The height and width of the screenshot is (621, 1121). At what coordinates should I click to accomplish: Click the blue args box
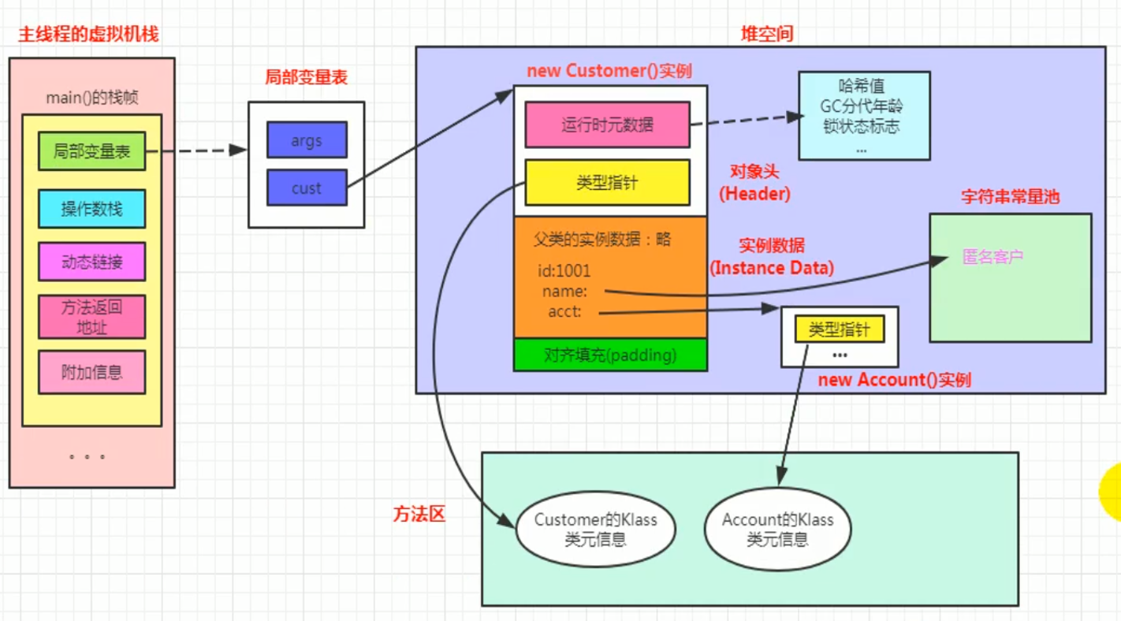(x=307, y=139)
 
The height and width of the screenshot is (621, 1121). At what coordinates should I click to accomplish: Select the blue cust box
(x=307, y=188)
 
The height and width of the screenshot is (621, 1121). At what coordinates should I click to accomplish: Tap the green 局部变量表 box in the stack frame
(x=92, y=151)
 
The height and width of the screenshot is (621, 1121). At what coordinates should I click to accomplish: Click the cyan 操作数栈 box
(x=92, y=209)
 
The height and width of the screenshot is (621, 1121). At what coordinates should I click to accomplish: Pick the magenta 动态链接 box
(x=92, y=261)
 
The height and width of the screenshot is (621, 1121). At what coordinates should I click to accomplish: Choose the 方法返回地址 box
(x=92, y=317)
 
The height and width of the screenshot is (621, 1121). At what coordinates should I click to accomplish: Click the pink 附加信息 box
(x=92, y=372)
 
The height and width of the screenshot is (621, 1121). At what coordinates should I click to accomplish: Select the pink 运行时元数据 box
(x=608, y=125)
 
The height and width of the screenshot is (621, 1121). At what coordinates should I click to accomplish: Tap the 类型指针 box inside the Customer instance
(x=608, y=183)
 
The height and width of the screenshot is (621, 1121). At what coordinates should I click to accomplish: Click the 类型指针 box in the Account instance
(x=840, y=329)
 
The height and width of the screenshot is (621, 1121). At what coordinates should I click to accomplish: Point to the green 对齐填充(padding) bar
(x=610, y=355)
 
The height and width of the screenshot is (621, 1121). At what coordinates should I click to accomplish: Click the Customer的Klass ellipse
(x=595, y=529)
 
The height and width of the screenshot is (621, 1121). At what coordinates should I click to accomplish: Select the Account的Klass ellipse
(x=778, y=529)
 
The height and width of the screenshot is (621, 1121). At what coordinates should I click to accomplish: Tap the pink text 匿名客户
(x=993, y=257)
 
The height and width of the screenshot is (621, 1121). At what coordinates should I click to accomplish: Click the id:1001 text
(x=564, y=271)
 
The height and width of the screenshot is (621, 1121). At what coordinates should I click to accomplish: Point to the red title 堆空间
(x=767, y=34)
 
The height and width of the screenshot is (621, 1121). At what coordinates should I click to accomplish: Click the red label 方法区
(x=419, y=514)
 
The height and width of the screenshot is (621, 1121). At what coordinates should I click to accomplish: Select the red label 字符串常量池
(x=1011, y=196)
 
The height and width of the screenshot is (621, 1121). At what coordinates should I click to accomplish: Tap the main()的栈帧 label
(x=92, y=97)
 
